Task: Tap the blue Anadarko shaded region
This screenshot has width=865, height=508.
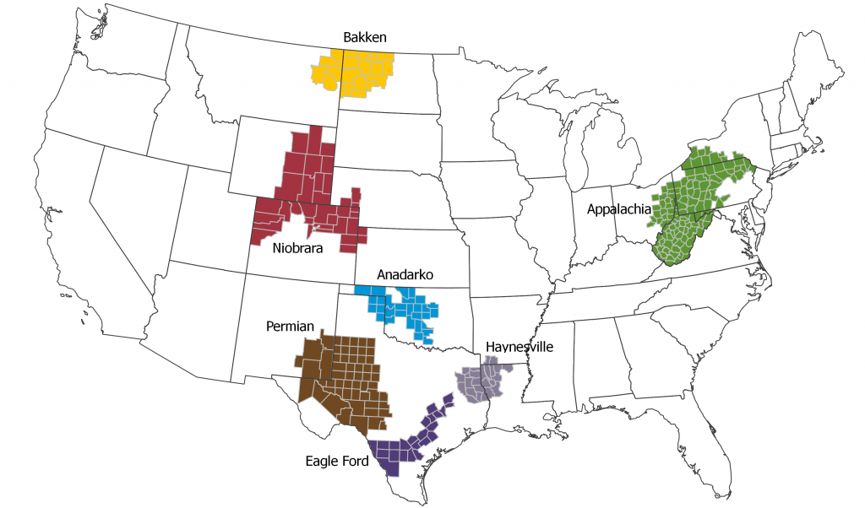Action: [x=410, y=311]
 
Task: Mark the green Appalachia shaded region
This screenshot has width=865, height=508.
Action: [x=693, y=203]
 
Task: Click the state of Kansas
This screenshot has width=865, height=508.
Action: [x=414, y=253]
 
